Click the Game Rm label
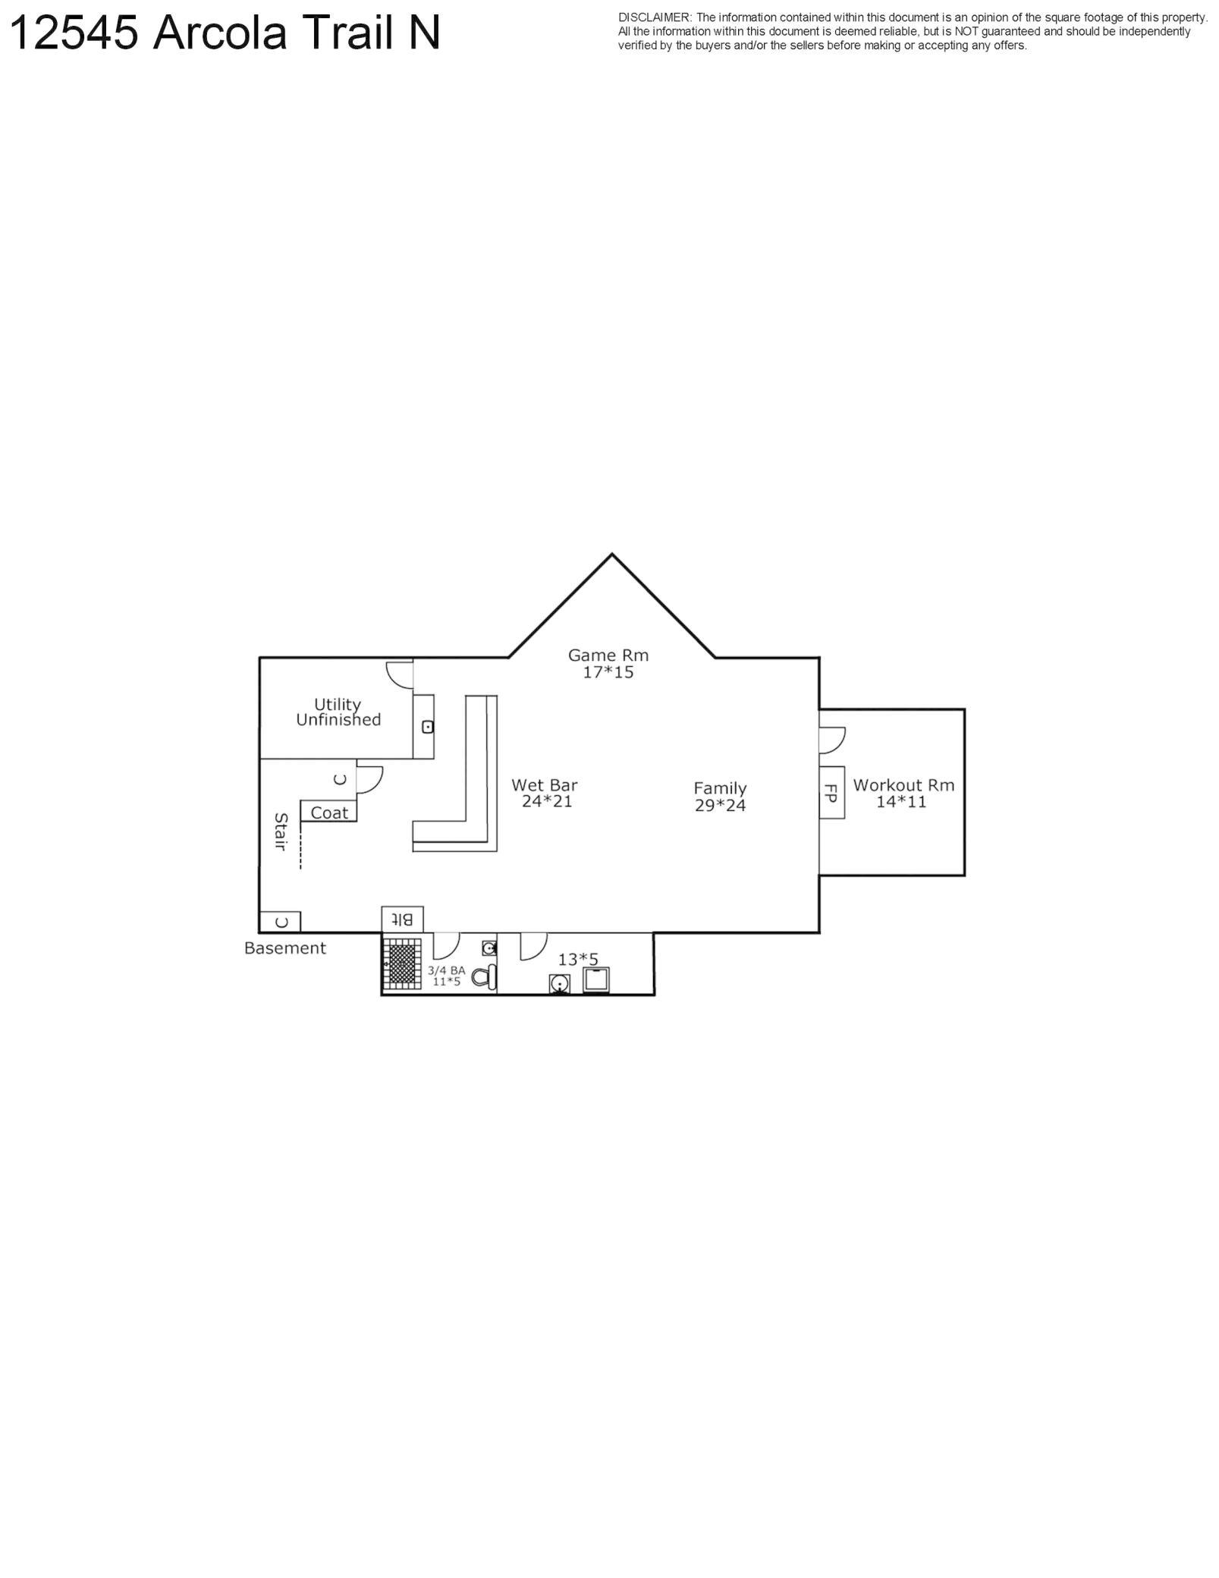point(608,655)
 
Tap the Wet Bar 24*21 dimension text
point(546,801)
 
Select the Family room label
point(720,788)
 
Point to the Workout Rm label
point(903,785)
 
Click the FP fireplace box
point(831,792)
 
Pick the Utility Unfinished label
point(338,712)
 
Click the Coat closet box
point(328,812)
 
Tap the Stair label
point(281,831)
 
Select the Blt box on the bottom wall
point(402,919)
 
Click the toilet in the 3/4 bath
point(484,977)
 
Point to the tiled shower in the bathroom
point(402,963)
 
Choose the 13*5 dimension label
point(578,960)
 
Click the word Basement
point(285,948)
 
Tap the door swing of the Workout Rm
point(832,740)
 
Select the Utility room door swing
point(399,674)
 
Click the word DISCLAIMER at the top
point(654,17)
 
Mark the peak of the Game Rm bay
point(612,555)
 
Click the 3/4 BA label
point(446,970)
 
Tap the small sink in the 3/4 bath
point(489,948)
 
